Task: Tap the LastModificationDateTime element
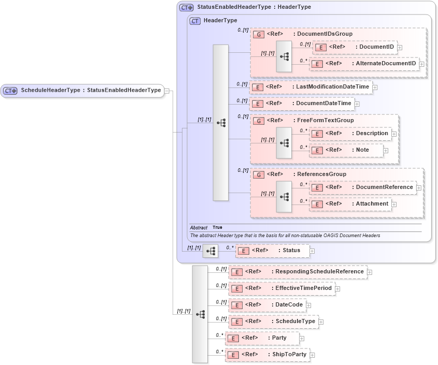click(x=310, y=86)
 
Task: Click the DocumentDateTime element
click(x=302, y=103)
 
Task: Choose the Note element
click(x=346, y=150)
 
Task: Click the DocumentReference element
click(x=362, y=187)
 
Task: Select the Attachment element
click(x=350, y=203)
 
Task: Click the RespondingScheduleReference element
click(x=298, y=271)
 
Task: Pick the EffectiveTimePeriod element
click(x=282, y=288)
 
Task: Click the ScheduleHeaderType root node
click(x=83, y=91)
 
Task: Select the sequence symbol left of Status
click(x=210, y=251)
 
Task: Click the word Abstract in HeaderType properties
click(x=199, y=228)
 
